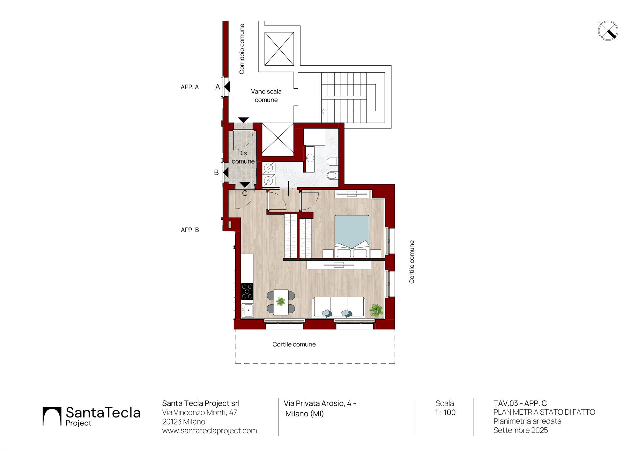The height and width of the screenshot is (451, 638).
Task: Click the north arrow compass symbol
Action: click(x=608, y=31)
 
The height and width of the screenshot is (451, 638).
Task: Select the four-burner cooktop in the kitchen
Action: click(x=247, y=292)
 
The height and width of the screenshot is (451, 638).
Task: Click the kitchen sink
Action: click(x=248, y=310)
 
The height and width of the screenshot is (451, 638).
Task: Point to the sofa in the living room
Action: click(x=339, y=307)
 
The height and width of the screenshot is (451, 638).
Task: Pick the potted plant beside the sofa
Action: click(x=376, y=310)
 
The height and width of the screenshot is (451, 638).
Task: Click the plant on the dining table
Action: click(x=281, y=301)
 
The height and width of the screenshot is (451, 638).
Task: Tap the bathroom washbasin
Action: click(x=310, y=158)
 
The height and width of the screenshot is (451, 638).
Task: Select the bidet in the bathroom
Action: click(x=332, y=175)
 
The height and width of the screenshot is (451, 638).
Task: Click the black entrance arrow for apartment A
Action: click(x=227, y=87)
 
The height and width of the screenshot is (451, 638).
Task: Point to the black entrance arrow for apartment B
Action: click(x=226, y=173)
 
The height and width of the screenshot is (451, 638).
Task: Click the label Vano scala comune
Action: click(x=266, y=96)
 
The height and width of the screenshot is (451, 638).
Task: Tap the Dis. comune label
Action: click(x=243, y=157)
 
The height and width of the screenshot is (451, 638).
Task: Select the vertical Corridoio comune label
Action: click(x=242, y=49)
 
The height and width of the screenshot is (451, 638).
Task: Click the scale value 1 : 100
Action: click(x=445, y=412)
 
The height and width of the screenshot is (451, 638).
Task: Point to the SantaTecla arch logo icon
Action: click(x=52, y=416)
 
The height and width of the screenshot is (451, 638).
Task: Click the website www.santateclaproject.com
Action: click(x=210, y=431)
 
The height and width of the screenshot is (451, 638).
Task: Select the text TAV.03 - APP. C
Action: click(x=520, y=403)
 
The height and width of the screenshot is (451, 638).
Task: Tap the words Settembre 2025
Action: click(x=521, y=430)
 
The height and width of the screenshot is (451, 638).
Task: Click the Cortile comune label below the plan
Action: click(x=294, y=344)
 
